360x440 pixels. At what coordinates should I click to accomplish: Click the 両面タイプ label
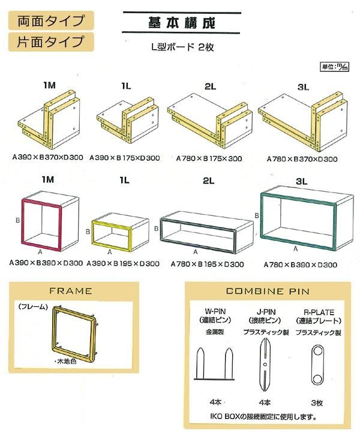pos(51,20)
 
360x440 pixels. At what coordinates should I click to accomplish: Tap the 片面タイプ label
pos(51,42)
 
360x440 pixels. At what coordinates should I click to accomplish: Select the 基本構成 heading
pos(182,23)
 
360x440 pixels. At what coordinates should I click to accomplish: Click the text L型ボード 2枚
pos(183,47)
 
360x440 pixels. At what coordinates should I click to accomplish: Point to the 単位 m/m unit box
pos(334,67)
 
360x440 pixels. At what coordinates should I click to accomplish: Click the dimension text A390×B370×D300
pos(48,157)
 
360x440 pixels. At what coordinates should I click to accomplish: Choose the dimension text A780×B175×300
pos(209,158)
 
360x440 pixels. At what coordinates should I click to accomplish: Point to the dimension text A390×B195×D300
pos(123,264)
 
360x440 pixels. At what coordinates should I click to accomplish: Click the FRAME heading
pos(70,291)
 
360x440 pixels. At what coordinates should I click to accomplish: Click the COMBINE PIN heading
pos(268,291)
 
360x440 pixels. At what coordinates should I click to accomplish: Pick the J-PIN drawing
pos(265,365)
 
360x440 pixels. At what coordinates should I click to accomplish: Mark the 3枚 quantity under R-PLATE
pos(317,403)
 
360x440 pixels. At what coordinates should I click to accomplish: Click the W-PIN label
pos(215,311)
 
